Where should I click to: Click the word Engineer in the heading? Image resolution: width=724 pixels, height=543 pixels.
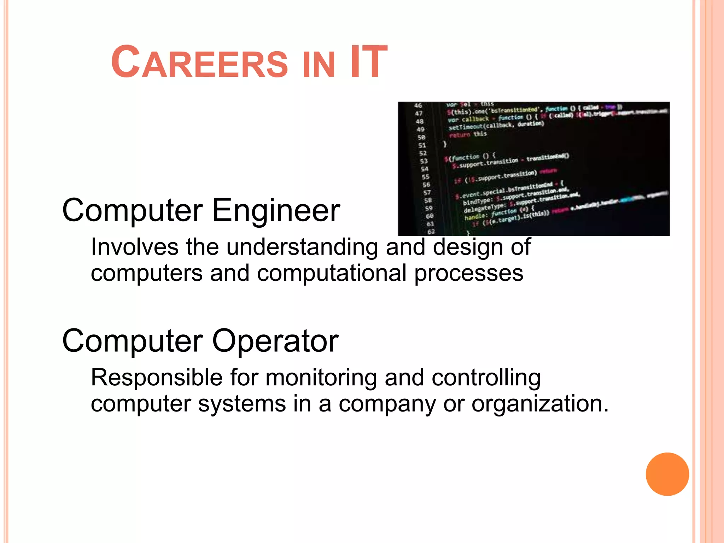click(276, 211)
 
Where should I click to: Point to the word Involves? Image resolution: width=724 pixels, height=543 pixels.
click(135, 247)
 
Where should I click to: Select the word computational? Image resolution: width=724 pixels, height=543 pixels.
click(332, 273)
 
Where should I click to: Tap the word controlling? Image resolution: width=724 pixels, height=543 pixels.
click(486, 378)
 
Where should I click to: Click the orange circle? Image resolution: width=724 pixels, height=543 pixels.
click(667, 474)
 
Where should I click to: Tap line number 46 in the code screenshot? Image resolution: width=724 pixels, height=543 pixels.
click(418, 105)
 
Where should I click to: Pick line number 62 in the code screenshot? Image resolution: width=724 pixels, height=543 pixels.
click(431, 232)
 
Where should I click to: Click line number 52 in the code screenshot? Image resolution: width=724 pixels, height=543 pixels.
click(423, 153)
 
